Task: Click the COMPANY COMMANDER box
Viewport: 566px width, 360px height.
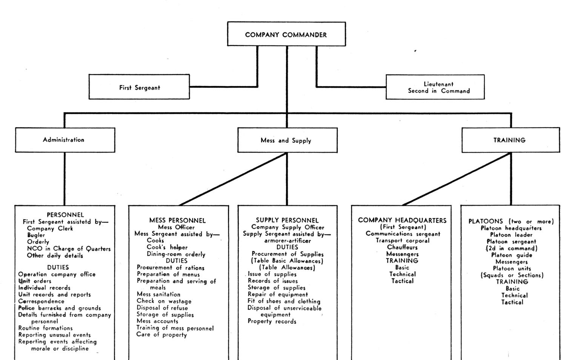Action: (x=286, y=34)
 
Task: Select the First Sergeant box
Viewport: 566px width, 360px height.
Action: (x=139, y=87)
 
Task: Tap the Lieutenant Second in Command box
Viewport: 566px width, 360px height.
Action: (x=435, y=87)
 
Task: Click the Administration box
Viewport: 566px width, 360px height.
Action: (x=65, y=140)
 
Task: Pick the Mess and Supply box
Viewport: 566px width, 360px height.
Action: (x=288, y=140)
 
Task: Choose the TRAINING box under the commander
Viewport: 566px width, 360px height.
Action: (x=511, y=140)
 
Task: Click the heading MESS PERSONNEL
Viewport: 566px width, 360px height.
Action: (x=177, y=220)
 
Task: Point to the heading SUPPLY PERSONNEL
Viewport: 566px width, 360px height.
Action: (x=287, y=220)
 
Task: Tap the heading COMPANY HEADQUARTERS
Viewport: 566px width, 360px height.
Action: (x=402, y=220)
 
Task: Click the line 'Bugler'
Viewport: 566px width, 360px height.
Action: (x=36, y=235)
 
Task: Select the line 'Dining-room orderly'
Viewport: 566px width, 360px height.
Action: (x=176, y=254)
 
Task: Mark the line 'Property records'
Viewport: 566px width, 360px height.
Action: (x=272, y=322)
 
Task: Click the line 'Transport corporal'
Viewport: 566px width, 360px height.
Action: (x=403, y=240)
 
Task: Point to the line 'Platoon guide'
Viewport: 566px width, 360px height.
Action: (x=512, y=255)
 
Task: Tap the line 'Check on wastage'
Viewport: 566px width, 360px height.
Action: (x=164, y=301)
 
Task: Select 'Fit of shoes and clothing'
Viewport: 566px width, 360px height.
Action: (x=284, y=301)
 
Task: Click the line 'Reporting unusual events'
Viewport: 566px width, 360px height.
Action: (x=55, y=335)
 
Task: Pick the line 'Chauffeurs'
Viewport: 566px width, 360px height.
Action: (x=402, y=247)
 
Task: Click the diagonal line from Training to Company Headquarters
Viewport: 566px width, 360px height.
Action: (x=457, y=179)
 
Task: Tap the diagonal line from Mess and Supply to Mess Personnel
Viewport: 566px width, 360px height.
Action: (x=233, y=179)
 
